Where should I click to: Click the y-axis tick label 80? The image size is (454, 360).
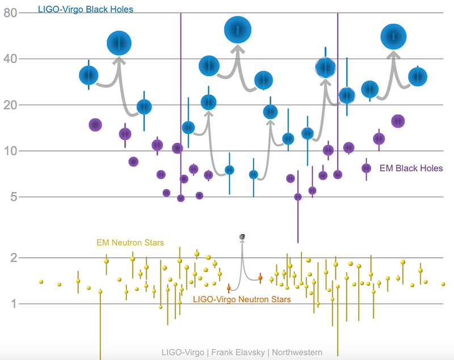pos(11,12)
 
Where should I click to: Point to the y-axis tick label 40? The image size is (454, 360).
pos(11,59)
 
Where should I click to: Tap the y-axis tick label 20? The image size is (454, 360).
pos(11,105)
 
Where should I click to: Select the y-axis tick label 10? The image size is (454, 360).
pos(11,151)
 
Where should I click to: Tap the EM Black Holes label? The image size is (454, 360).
pos(411,168)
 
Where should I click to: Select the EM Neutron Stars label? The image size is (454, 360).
pos(131,243)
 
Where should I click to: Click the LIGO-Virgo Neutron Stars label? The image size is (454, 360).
pos(242,299)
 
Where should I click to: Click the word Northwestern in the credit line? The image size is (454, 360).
pos(297,353)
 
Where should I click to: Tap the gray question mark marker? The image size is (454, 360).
pos(242,236)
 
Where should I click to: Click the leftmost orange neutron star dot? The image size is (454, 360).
pos(229,288)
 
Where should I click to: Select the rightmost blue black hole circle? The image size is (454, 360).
pos(418,77)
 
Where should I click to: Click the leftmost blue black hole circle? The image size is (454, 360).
pos(89,75)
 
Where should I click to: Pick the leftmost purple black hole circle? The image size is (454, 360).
pos(95,125)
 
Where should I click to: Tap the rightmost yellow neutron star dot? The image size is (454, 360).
pos(443,284)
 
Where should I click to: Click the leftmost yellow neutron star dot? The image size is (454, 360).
pos(41,282)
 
